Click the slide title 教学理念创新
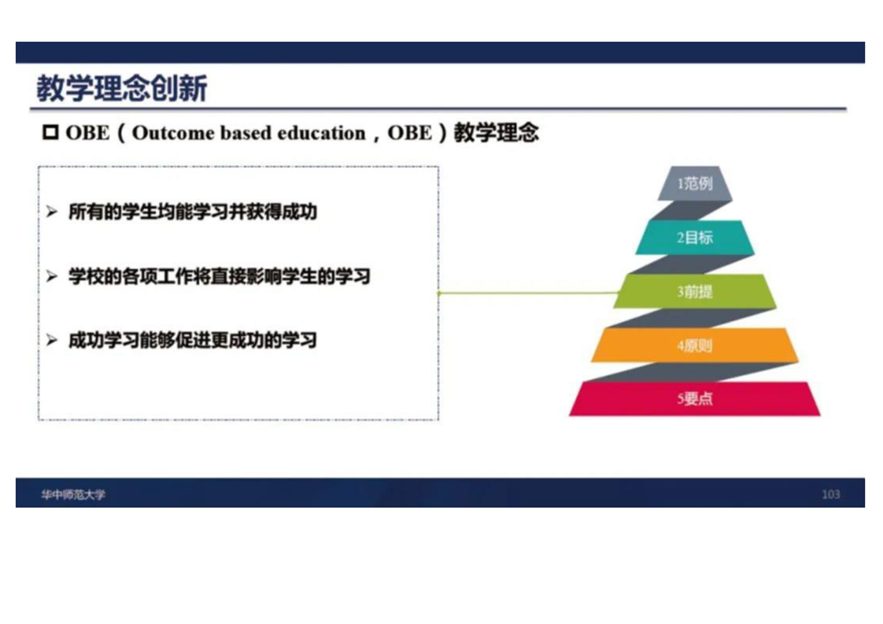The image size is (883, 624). (122, 88)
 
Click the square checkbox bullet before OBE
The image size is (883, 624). (50, 132)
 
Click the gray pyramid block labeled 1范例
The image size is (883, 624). (695, 183)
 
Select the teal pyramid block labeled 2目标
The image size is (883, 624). (695, 237)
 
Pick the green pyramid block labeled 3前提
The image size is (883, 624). (695, 291)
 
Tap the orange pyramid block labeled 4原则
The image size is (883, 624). (695, 345)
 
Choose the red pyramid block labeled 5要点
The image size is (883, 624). (695, 399)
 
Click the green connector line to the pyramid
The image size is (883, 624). (528, 293)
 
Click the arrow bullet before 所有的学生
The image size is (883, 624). (52, 212)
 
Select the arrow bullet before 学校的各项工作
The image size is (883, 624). (52, 276)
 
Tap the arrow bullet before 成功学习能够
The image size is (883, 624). (52, 340)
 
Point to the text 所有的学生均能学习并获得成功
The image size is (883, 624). (193, 212)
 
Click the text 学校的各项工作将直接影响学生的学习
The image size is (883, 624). (220, 276)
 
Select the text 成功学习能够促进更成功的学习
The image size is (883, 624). (193, 340)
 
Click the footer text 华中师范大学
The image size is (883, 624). (72, 494)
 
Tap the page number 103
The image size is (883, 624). (830, 494)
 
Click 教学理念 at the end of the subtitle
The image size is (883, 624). (496, 133)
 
